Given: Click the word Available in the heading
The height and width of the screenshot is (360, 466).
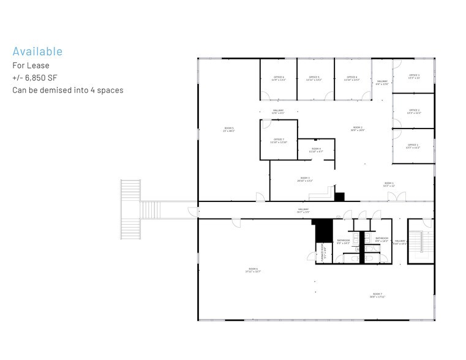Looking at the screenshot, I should coord(37,51).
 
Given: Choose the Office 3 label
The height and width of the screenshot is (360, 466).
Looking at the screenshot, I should coord(414,77).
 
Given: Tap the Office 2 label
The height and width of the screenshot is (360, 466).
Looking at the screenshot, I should coord(414,111).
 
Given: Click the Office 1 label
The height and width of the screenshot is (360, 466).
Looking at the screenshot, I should coord(413,146).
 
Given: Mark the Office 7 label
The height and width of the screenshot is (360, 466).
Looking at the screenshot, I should coord(279,141).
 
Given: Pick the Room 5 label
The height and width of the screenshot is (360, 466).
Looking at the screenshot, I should coord(229,130).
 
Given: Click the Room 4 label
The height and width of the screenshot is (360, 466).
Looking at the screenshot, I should coord(316,150).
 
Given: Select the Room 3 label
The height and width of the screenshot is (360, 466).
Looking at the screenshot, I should coord(305,180).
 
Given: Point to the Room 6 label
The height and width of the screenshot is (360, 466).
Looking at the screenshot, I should coord(253,270).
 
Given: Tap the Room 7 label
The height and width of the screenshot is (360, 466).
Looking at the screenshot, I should coord(377,295).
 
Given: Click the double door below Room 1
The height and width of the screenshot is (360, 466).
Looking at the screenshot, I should coord(396,197).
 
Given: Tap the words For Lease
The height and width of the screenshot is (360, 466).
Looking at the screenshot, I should coord(31,65).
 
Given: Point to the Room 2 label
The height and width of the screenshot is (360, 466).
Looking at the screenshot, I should coord(358,129).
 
